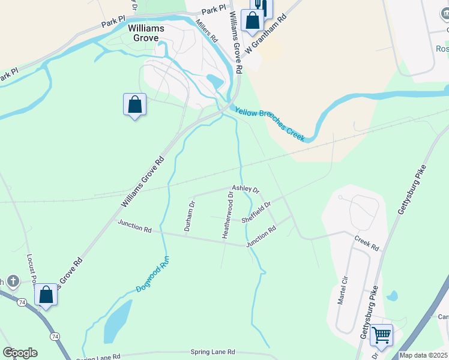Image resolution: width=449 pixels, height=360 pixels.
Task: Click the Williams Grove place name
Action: pos(143,32)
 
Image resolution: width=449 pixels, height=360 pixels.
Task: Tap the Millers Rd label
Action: pos(206,31)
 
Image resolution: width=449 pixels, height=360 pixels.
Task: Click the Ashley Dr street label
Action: pos(245,189)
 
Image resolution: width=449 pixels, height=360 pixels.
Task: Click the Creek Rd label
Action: pos(366,243)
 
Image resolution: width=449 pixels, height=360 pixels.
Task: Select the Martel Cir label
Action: pos(343,291)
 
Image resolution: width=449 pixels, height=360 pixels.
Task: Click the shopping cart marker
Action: pos(382,335)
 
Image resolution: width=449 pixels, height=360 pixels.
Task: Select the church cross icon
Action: pos(13,281)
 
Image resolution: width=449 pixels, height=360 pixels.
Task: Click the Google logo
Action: pos(20,353)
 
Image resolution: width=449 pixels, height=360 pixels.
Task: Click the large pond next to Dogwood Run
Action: pos(118,320)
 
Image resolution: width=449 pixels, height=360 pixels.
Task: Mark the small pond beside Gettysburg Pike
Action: pos(392,296)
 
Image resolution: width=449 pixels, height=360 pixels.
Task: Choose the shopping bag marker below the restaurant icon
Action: pos(252,22)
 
